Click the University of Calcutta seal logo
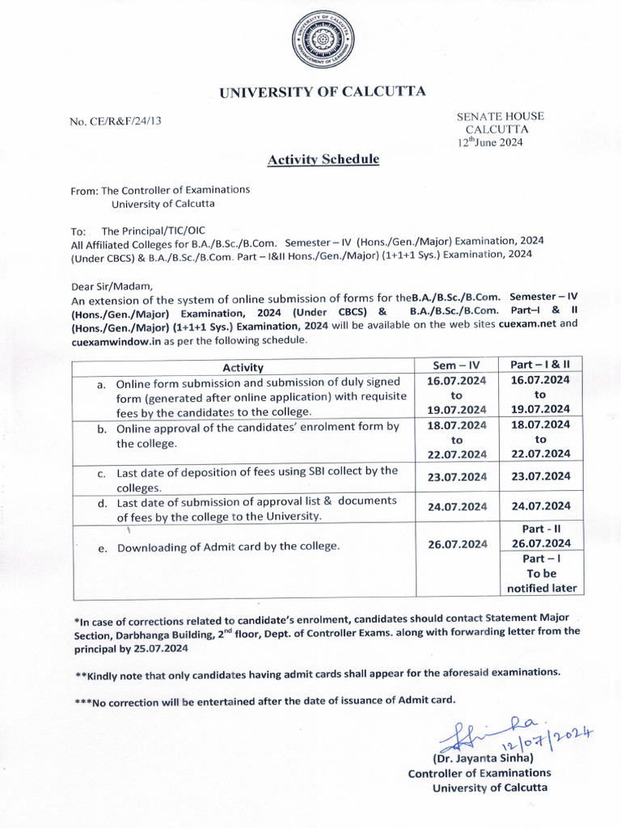pos(323,43)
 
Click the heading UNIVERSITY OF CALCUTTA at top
pos(323,92)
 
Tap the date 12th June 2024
pos(491,142)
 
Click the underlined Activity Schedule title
pos(323,160)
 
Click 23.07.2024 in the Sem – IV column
pos(456,476)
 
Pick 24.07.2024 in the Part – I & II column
pos(541,506)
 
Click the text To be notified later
pos(541,581)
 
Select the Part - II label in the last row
pos(541,529)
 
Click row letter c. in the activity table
pos(102,473)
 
